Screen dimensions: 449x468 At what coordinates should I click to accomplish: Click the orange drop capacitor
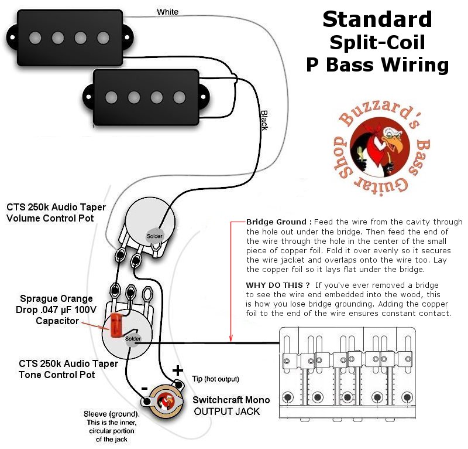click(x=117, y=324)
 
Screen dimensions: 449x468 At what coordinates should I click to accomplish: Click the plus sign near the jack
click(x=176, y=370)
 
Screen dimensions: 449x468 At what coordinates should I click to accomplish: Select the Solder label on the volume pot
click(x=155, y=236)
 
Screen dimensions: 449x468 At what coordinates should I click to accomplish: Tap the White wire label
click(x=168, y=12)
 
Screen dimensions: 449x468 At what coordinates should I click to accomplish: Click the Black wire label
click(x=264, y=120)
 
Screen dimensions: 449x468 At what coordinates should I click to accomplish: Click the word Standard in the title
click(x=377, y=19)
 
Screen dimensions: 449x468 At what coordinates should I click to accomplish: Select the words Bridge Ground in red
click(x=278, y=223)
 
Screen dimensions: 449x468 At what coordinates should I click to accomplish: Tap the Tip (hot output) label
click(x=216, y=379)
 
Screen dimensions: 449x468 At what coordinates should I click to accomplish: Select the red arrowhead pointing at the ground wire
click(x=232, y=338)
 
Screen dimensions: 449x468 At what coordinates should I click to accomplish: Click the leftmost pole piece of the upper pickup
click(x=35, y=38)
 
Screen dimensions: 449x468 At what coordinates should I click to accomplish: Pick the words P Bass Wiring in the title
click(x=377, y=64)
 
